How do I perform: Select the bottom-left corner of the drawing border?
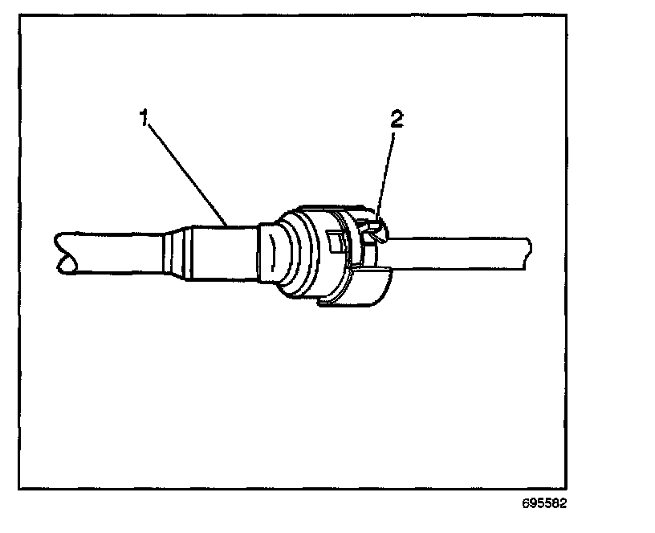coord(19,488)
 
